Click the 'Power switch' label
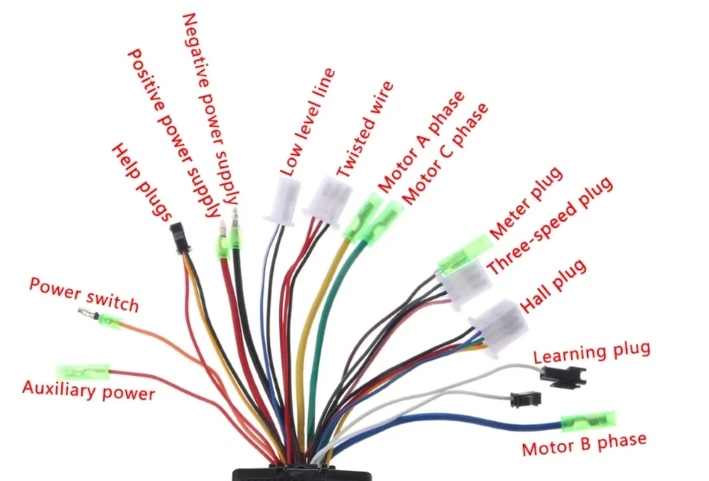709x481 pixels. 83,295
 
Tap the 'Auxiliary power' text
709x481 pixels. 89,391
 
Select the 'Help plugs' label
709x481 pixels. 142,182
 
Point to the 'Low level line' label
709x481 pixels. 308,122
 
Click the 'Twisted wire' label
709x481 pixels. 365,129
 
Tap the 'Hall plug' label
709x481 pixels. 553,286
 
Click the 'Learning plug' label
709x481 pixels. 592,352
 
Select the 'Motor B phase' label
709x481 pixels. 584,444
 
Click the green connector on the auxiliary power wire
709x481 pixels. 83,372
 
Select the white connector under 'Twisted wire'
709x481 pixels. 329,202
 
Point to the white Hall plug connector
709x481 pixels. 499,327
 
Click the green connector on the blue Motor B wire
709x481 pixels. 589,421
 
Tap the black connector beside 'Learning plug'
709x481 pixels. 564,376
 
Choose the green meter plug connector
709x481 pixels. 465,255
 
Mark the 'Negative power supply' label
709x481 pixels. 210,109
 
